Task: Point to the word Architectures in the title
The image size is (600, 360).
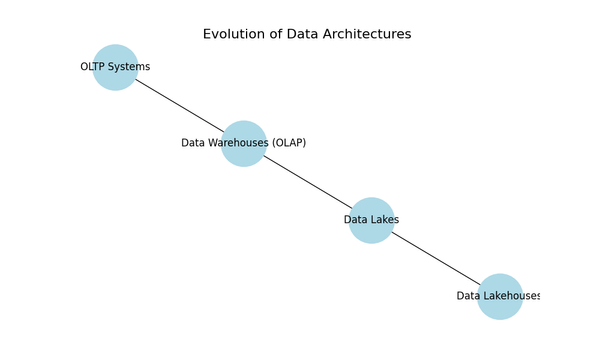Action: (366, 34)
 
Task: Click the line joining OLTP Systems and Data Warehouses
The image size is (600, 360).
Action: (179, 105)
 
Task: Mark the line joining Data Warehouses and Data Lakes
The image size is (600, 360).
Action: (307, 181)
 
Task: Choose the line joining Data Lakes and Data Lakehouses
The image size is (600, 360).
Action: (436, 258)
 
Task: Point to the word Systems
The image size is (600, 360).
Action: (131, 67)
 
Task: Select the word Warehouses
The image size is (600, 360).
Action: (234, 143)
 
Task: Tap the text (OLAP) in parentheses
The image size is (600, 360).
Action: (287, 143)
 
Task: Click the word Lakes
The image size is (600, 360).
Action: (385, 220)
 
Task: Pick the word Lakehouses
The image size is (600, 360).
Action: (512, 296)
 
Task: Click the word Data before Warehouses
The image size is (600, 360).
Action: (193, 143)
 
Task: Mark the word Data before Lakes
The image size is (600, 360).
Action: (356, 220)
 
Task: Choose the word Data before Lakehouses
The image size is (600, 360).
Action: (469, 296)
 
